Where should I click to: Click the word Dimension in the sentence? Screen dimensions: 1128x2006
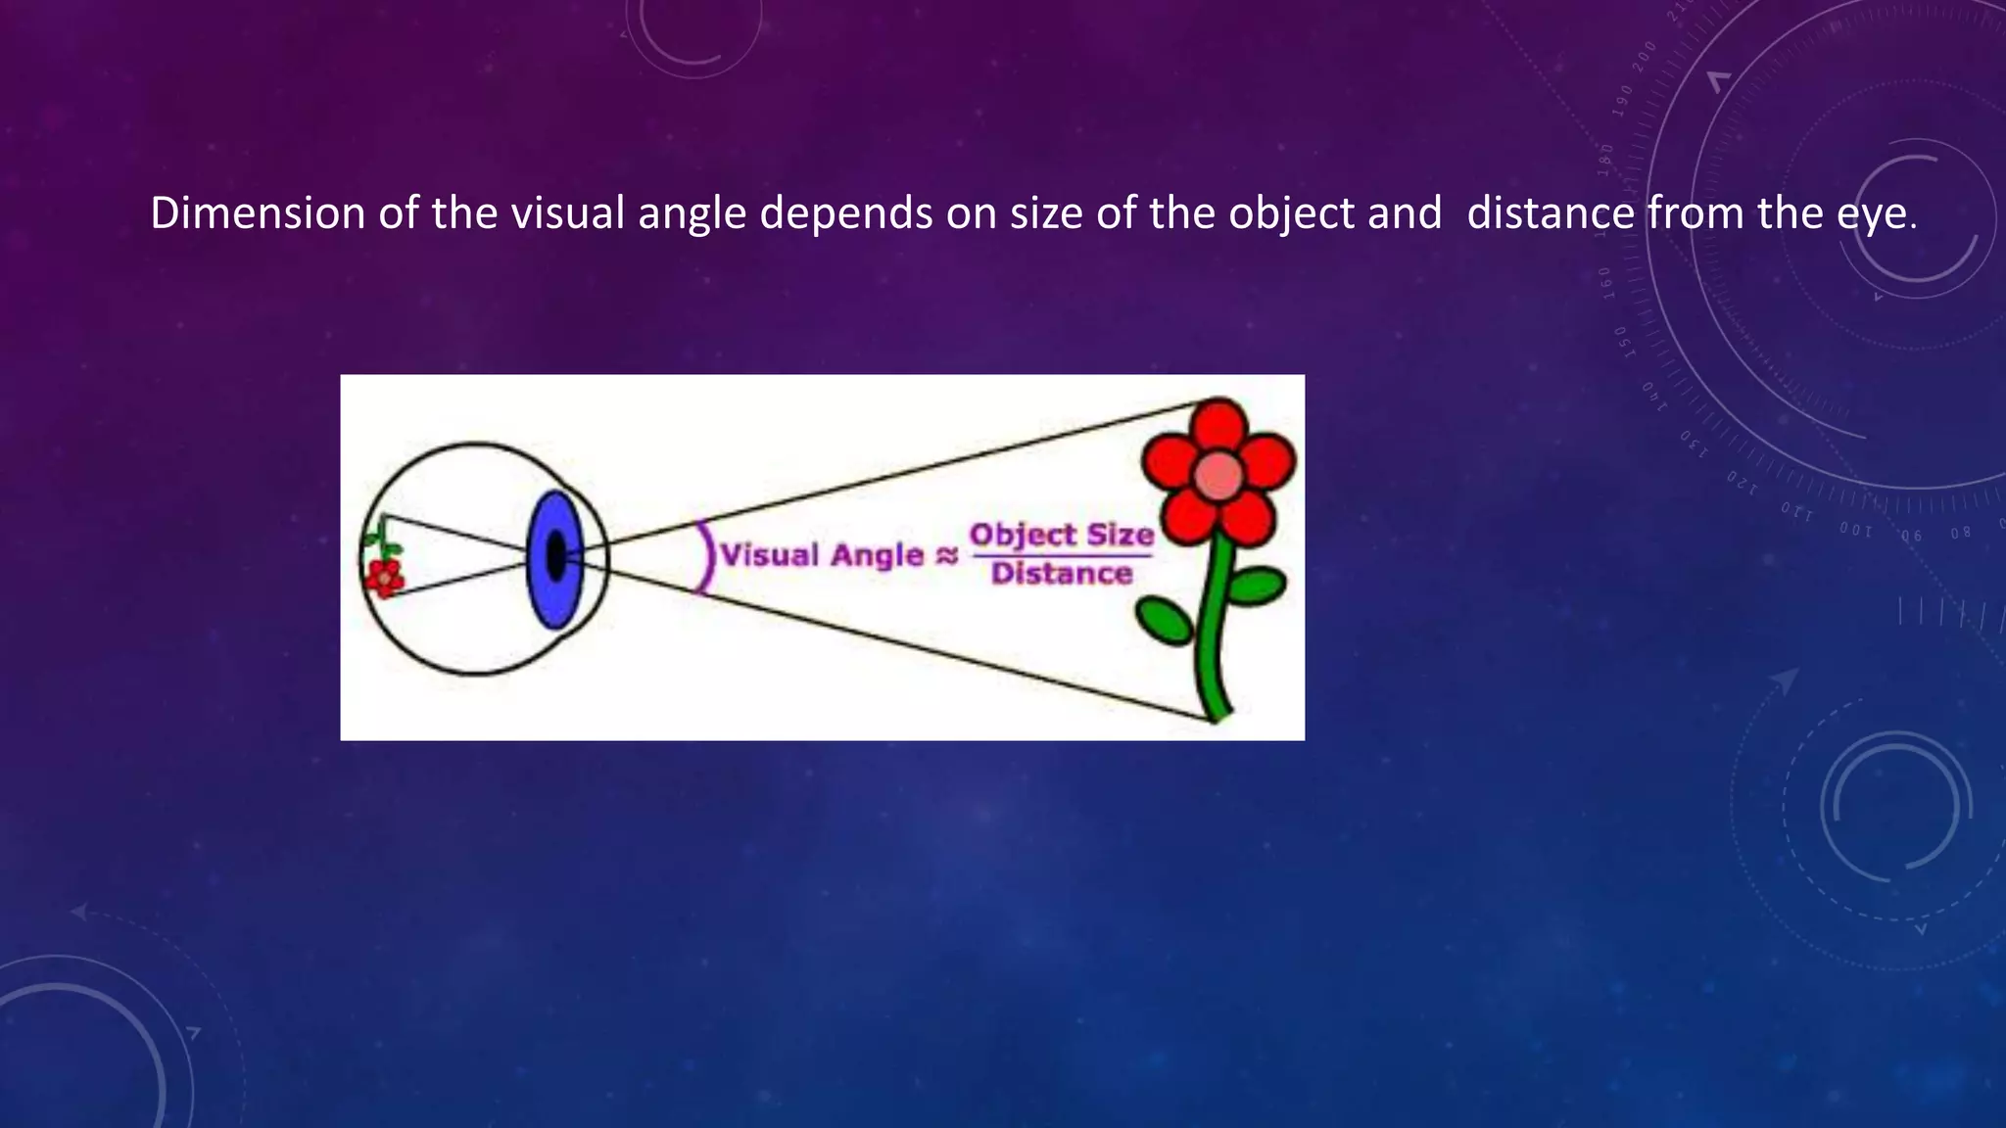(258, 213)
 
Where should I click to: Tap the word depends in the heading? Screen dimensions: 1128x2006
(846, 213)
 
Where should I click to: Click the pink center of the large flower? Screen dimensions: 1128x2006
(1218, 475)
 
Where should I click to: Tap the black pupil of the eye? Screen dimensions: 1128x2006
(555, 558)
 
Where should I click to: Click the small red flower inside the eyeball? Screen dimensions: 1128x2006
(384, 578)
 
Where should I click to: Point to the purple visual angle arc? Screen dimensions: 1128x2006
(703, 556)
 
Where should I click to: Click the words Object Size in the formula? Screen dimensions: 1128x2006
(1062, 535)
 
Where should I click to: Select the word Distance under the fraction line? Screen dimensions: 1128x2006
(1062, 573)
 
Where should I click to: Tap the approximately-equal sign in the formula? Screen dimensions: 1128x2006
(946, 556)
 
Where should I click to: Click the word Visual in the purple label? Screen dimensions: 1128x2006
(770, 555)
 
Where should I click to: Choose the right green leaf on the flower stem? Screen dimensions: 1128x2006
(1256, 586)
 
